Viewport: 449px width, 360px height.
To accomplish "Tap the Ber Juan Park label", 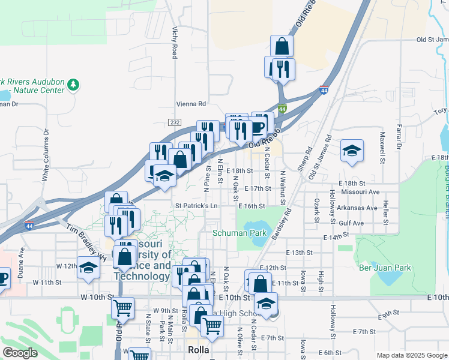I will tap(384, 268).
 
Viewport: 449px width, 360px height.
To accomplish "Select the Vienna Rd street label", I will tap(191, 103).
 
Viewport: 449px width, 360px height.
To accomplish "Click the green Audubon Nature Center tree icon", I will tap(74, 84).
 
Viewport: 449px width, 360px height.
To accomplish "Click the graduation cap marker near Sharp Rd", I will tap(352, 151).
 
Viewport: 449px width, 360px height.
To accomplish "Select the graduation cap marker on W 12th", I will tap(88, 268).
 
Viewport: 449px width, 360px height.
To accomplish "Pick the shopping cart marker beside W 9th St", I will tap(122, 308).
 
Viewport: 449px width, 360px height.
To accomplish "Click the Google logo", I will tap(20, 353).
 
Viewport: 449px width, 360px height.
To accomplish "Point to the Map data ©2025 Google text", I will tap(411, 355).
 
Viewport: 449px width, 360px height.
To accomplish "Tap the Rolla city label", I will tap(197, 349).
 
